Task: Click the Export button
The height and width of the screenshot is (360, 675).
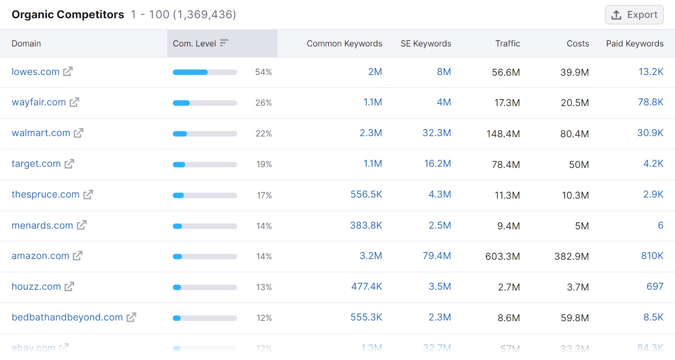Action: [x=634, y=15]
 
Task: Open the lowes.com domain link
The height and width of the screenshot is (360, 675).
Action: [x=35, y=72]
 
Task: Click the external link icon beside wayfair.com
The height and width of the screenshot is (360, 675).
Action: [x=75, y=102]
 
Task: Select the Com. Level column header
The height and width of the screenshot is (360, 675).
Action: [x=194, y=43]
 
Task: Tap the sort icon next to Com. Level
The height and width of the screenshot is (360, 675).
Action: [x=224, y=43]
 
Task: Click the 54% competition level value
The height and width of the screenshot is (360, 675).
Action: [x=263, y=72]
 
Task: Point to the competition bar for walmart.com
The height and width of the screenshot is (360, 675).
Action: [x=205, y=134]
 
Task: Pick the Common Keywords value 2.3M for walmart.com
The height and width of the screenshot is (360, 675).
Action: [x=370, y=133]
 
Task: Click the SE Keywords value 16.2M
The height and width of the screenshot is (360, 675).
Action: [x=437, y=164]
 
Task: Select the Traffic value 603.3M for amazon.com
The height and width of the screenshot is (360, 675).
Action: [x=502, y=256]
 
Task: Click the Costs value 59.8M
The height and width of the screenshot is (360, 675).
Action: [x=575, y=318]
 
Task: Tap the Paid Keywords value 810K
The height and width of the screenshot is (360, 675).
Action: [x=652, y=256]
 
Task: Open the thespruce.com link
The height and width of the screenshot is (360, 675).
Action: [x=46, y=195]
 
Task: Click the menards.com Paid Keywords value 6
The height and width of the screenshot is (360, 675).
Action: [x=660, y=225]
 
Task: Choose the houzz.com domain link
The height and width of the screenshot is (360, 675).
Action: [x=36, y=287]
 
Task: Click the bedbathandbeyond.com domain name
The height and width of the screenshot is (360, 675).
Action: [x=67, y=317]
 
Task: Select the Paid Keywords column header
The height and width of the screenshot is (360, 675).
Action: [x=634, y=43]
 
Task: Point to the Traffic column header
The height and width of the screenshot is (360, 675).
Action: [x=508, y=43]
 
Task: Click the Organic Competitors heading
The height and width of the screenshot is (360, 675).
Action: [x=68, y=15]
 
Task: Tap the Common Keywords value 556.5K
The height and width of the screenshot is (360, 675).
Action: [x=366, y=195]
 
